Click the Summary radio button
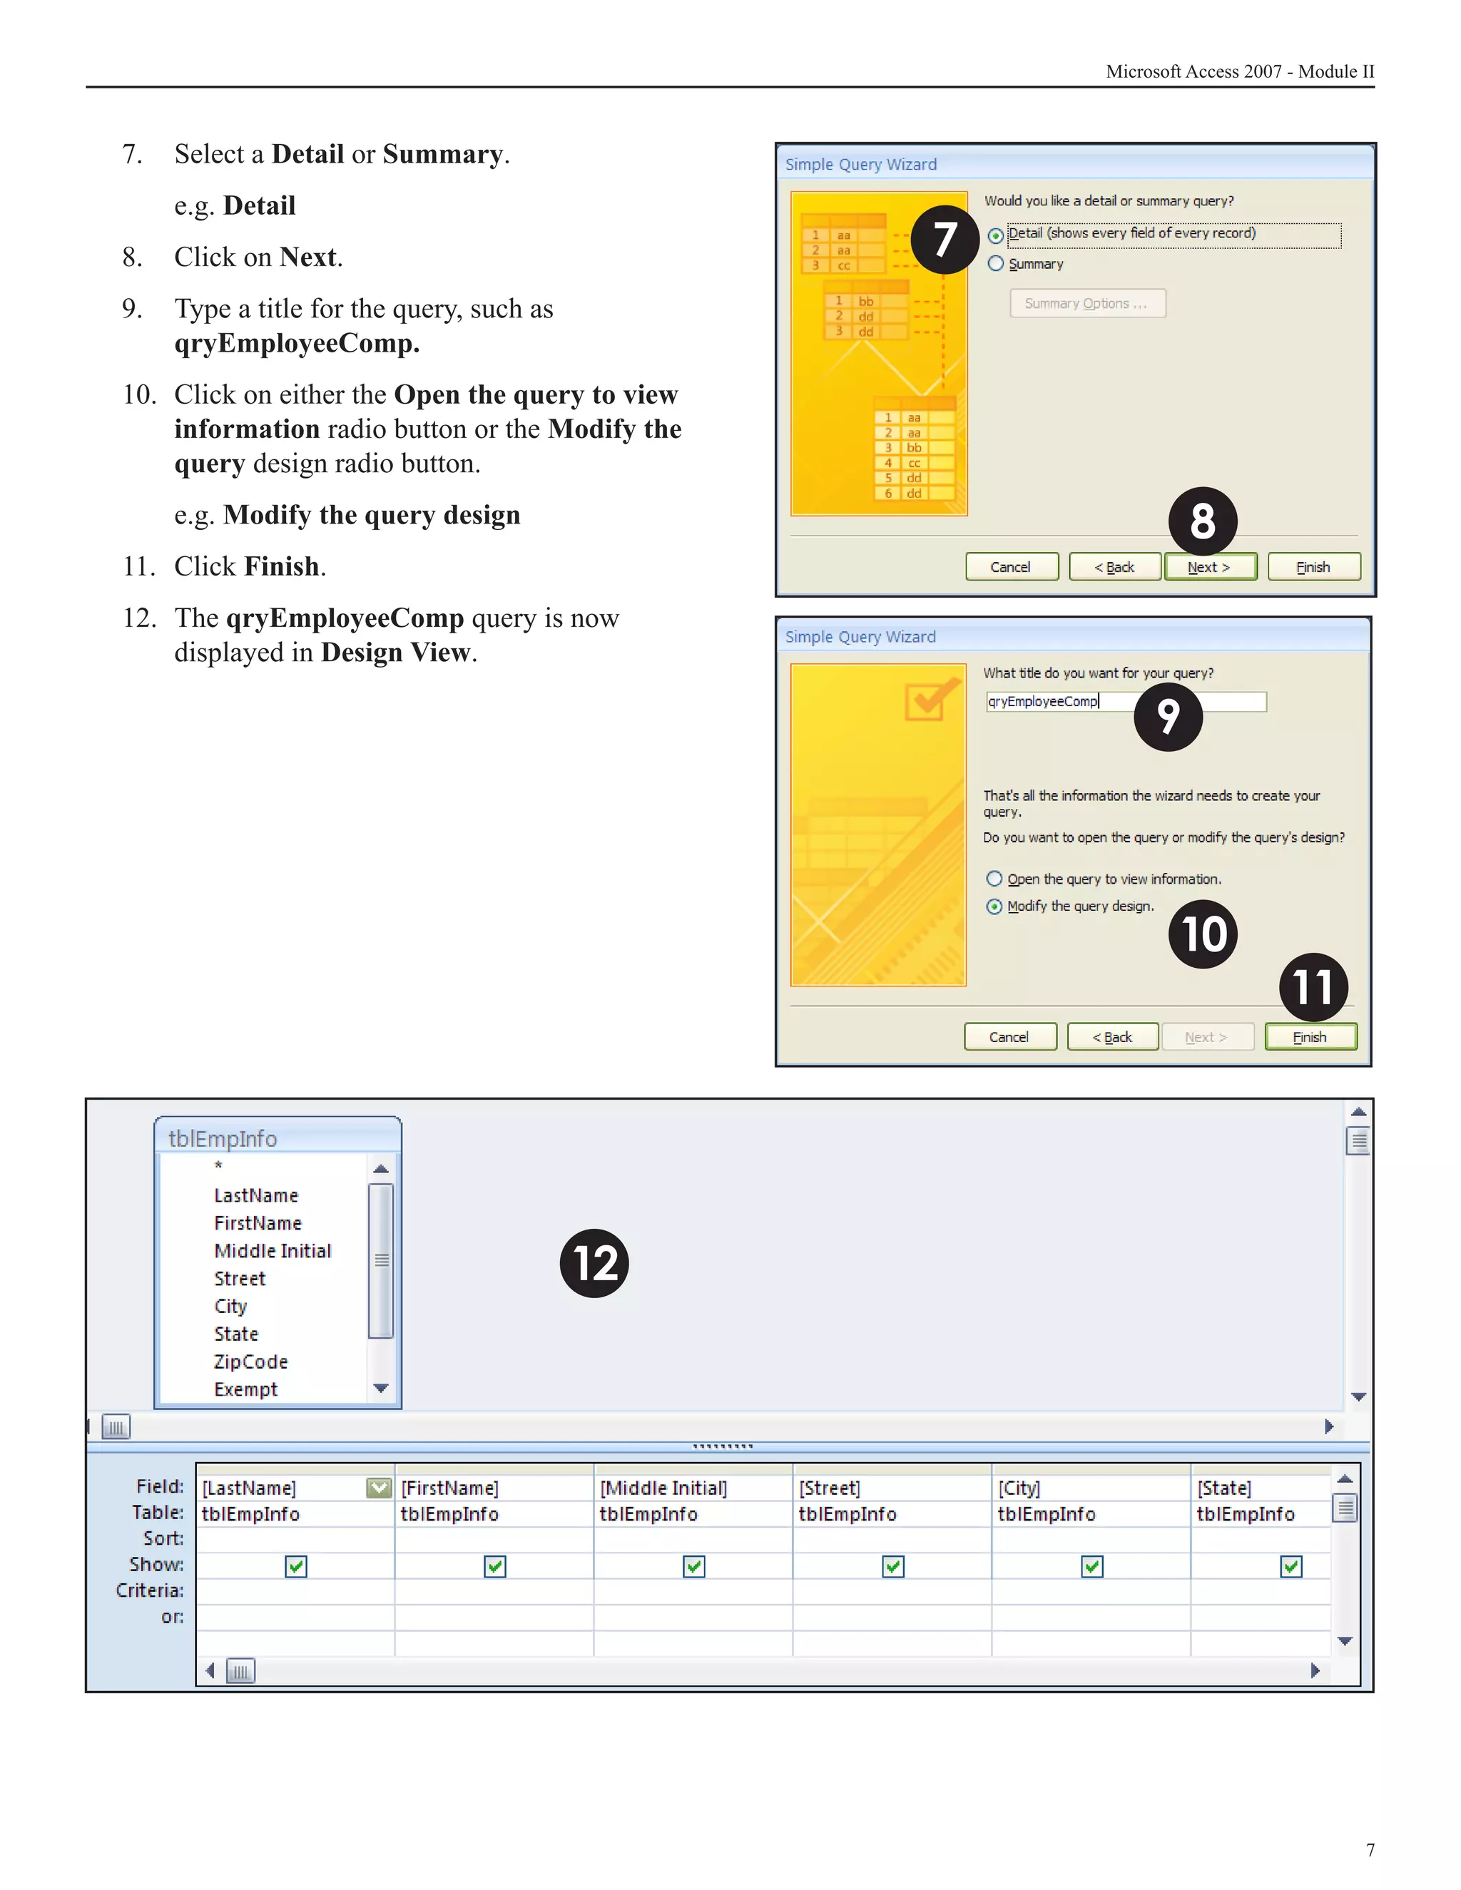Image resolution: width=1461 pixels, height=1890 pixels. [x=996, y=263]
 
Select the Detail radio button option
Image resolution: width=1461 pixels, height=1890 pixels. [x=996, y=235]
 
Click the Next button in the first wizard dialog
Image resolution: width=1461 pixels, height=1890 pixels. [x=1209, y=567]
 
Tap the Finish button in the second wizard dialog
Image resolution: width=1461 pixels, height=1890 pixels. [x=1310, y=1037]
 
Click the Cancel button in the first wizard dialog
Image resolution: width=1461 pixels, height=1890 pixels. [x=1011, y=567]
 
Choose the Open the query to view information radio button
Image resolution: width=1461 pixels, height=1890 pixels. [x=994, y=879]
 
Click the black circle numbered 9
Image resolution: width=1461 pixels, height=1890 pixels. [x=1168, y=717]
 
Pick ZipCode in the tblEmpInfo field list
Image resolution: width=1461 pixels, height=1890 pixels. [x=251, y=1362]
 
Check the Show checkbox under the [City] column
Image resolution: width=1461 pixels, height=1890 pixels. [x=1091, y=1566]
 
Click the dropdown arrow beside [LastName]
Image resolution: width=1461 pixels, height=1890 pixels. [x=379, y=1488]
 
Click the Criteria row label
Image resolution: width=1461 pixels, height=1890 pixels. [x=150, y=1590]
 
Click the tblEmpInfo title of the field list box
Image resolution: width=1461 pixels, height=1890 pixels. [x=223, y=1139]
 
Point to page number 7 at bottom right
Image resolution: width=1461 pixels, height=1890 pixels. [x=1370, y=1849]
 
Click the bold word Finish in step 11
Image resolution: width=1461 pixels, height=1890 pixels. [x=282, y=566]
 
